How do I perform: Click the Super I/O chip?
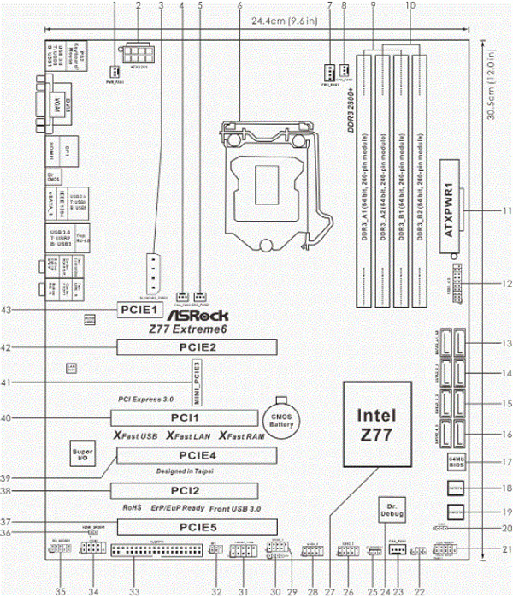[x=83, y=455]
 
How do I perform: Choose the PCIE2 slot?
[x=197, y=347]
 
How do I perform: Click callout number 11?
[x=506, y=210]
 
